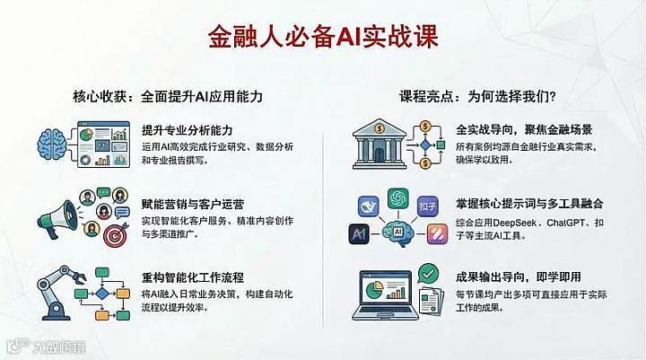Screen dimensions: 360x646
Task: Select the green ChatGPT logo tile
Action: click(398, 198)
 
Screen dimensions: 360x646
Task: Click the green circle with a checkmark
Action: click(428, 271)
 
